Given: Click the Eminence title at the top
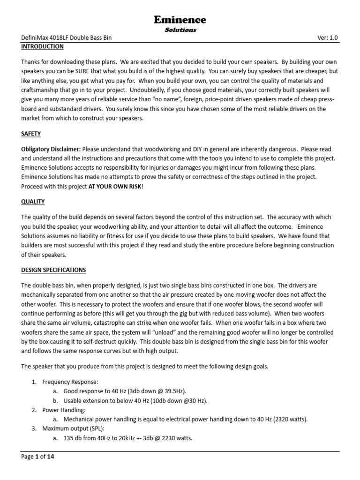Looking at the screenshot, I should (180, 20).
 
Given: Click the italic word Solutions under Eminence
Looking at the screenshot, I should (180, 30).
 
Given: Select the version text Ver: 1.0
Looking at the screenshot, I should (327, 38).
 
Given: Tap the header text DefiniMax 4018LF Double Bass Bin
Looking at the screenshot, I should (66, 38).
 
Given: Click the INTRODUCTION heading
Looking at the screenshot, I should (42, 47).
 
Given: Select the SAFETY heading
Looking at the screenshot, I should (31, 134).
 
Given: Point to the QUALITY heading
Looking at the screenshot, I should (33, 202).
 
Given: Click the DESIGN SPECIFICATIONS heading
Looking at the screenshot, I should (53, 270).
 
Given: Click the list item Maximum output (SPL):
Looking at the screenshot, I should (71, 428).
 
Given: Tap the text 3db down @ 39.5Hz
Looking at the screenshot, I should (149, 391).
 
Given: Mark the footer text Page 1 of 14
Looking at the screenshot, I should (38, 457).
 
